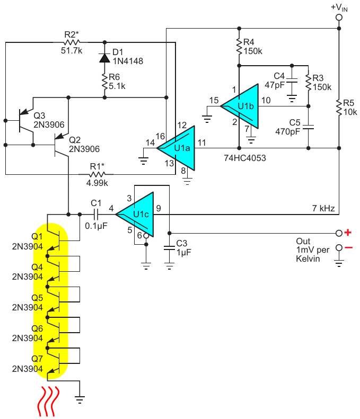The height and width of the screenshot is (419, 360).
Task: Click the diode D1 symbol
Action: coord(104,58)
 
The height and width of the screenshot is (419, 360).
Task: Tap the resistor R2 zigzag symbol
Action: coord(72,42)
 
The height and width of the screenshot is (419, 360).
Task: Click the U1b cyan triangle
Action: coord(240,106)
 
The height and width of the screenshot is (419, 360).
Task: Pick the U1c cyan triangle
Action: coord(135,215)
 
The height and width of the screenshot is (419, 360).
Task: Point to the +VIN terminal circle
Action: coord(339,17)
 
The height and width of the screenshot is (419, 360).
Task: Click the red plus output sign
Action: coord(348,233)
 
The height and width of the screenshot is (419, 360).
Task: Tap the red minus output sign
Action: coord(348,248)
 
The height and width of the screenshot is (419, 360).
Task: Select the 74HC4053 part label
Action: coord(245,158)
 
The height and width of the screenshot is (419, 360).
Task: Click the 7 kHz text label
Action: coord(323,208)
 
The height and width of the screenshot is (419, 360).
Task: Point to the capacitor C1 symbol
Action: coord(96,215)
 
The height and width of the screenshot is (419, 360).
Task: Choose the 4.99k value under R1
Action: coord(97,183)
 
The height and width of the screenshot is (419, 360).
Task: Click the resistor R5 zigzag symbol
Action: coord(339,108)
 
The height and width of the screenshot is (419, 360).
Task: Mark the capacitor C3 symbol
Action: coord(169,248)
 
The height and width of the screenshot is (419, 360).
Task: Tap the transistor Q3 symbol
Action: coord(26,120)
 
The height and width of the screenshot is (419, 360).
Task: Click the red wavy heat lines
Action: coord(48,401)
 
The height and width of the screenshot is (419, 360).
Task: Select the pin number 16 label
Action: coord(160,136)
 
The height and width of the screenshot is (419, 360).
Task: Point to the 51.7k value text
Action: coord(72,50)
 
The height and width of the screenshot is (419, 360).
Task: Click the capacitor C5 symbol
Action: coord(309,127)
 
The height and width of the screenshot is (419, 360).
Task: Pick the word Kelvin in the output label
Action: coord(308,258)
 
